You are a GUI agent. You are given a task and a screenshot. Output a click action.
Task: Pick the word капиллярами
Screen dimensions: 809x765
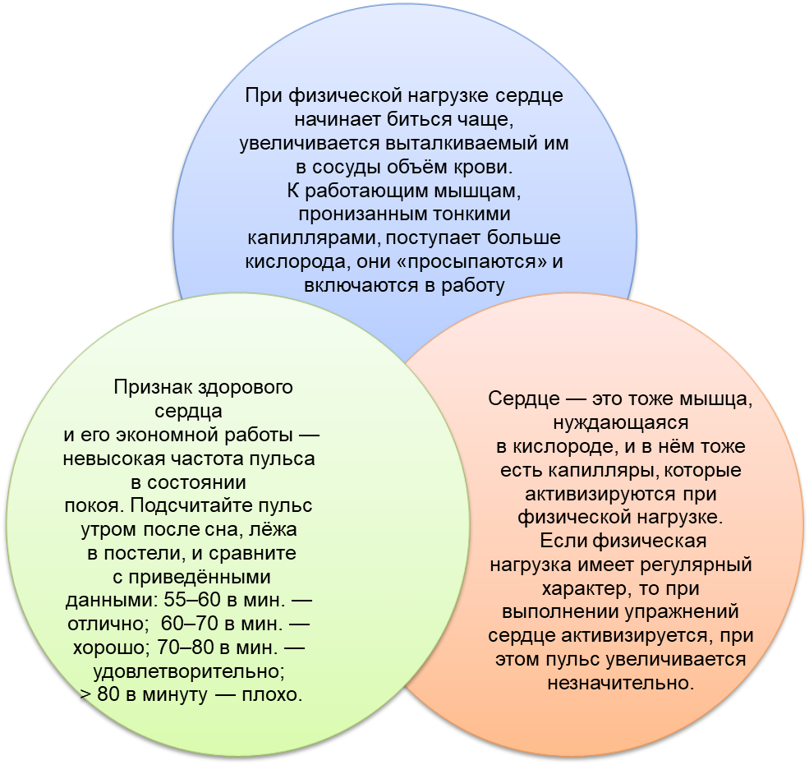(x=315, y=238)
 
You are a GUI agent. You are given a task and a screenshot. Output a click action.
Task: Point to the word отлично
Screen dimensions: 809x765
(x=105, y=624)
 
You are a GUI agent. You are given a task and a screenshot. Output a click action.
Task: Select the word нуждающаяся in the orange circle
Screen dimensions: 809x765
(x=621, y=422)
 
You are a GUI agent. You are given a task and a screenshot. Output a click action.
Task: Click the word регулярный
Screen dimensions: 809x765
(x=696, y=565)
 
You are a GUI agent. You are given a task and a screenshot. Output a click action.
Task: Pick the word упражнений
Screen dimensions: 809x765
(x=682, y=612)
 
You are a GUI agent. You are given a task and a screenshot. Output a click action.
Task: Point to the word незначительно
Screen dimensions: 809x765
(x=621, y=683)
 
